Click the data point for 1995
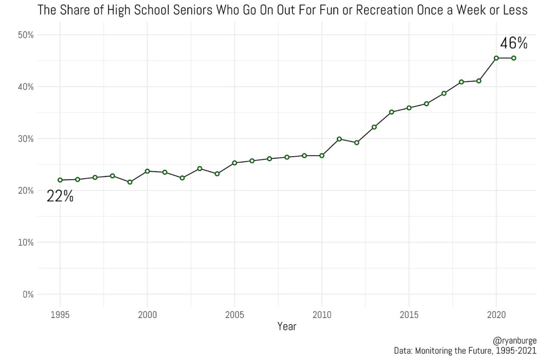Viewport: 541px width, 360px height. [60, 180]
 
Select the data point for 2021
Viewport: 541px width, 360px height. [514, 58]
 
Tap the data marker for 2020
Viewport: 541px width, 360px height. [496, 58]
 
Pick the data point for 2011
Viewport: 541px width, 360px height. [339, 139]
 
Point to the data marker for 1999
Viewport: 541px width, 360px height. [130, 182]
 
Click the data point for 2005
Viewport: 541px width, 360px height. [235, 163]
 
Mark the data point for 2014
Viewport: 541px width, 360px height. [391, 112]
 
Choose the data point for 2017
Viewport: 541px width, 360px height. [444, 93]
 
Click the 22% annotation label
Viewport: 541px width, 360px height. [60, 196]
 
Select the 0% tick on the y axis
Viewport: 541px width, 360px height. [27, 295]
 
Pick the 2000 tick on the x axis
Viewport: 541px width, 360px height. [147, 315]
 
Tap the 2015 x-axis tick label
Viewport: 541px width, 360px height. [408, 315]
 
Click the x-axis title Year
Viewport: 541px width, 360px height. [287, 327]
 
